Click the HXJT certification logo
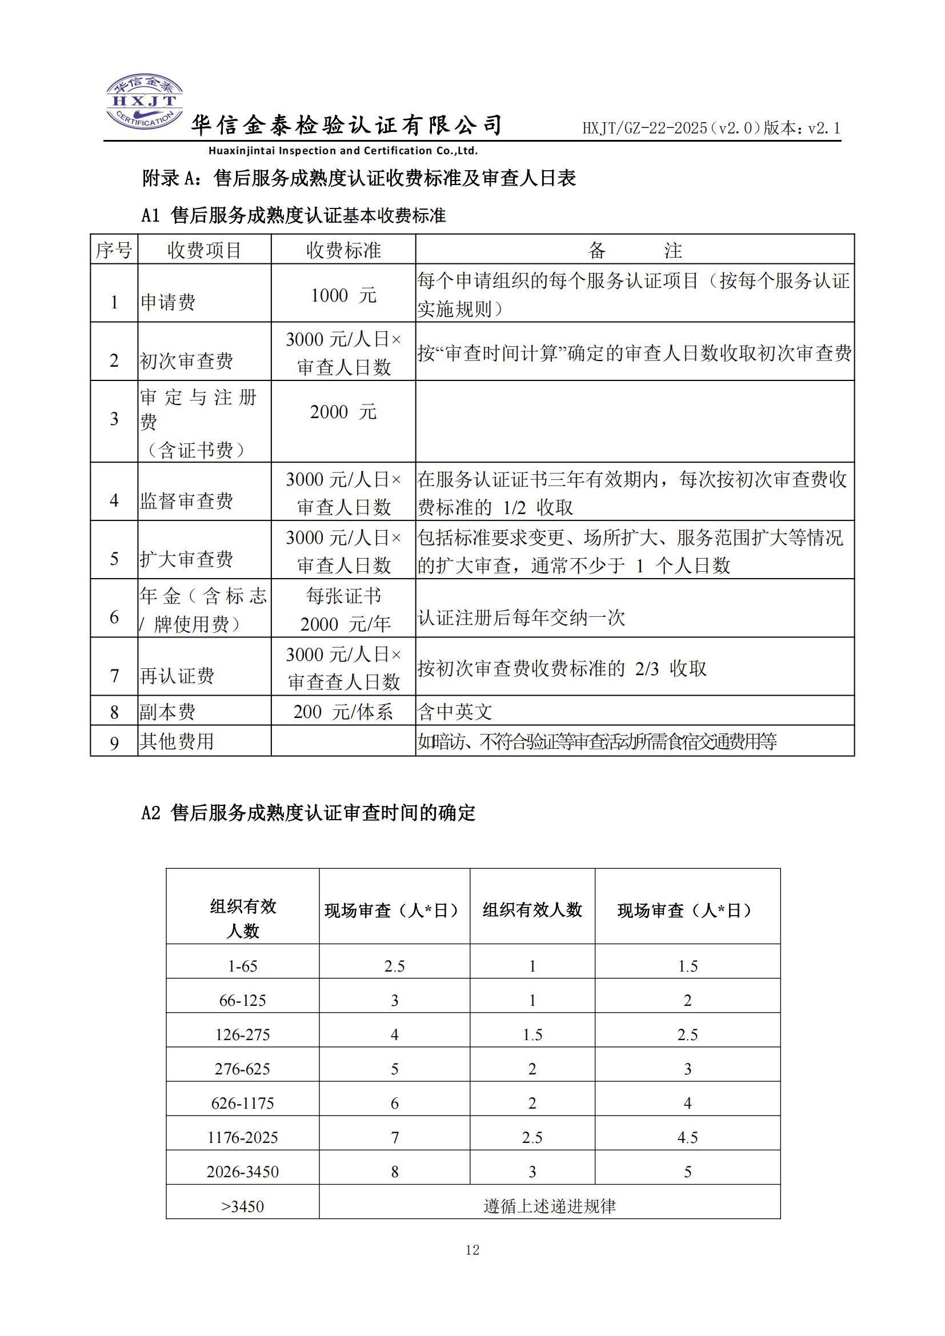coord(145,102)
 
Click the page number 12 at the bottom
coord(472,1249)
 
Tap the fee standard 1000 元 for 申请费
coord(343,296)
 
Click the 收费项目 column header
coord(204,250)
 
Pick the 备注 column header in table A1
coord(634,250)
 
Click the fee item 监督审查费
coord(186,501)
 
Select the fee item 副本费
coord(167,712)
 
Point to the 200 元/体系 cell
coord(343,712)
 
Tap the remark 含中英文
coord(455,712)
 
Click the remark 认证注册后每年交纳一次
coord(522,617)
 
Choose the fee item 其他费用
coord(177,741)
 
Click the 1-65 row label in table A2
coord(243,966)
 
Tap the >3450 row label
coord(243,1206)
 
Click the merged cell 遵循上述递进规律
coord(549,1206)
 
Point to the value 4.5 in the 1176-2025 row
coord(687,1138)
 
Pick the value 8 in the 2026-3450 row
coord(395,1172)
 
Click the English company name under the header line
coord(343,151)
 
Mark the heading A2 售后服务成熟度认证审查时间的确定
coord(309,813)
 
